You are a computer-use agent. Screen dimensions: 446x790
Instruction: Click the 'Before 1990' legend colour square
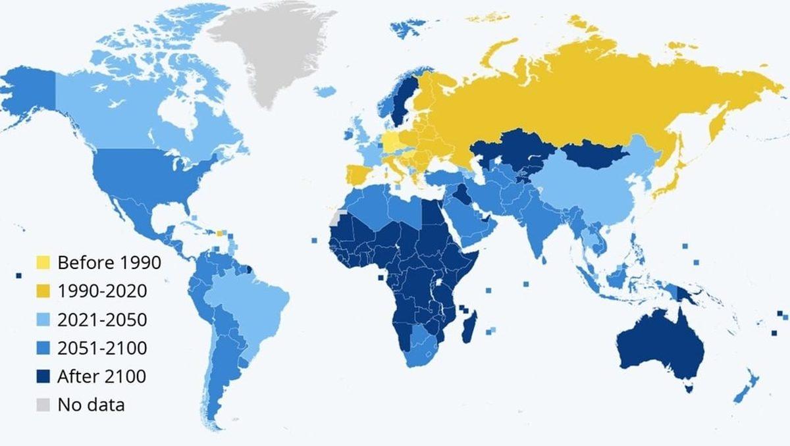[x=43, y=262]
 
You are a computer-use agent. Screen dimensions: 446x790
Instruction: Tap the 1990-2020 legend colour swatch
[x=43, y=291]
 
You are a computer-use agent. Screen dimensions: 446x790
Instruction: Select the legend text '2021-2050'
[x=102, y=319]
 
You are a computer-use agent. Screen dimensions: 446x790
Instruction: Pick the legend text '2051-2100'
[x=102, y=347]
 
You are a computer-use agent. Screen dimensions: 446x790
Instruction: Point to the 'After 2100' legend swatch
[x=43, y=376]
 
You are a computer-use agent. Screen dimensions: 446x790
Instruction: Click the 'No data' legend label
[x=91, y=404]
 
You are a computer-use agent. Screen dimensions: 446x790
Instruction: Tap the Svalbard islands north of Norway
[x=408, y=26]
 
